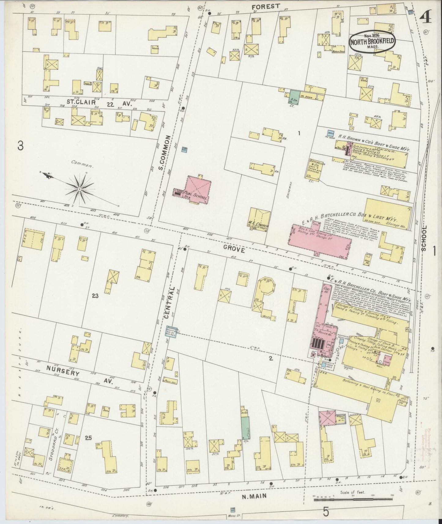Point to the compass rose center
point(79,189)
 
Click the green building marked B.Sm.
point(294,96)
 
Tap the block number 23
point(95,296)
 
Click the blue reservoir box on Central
point(172,332)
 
